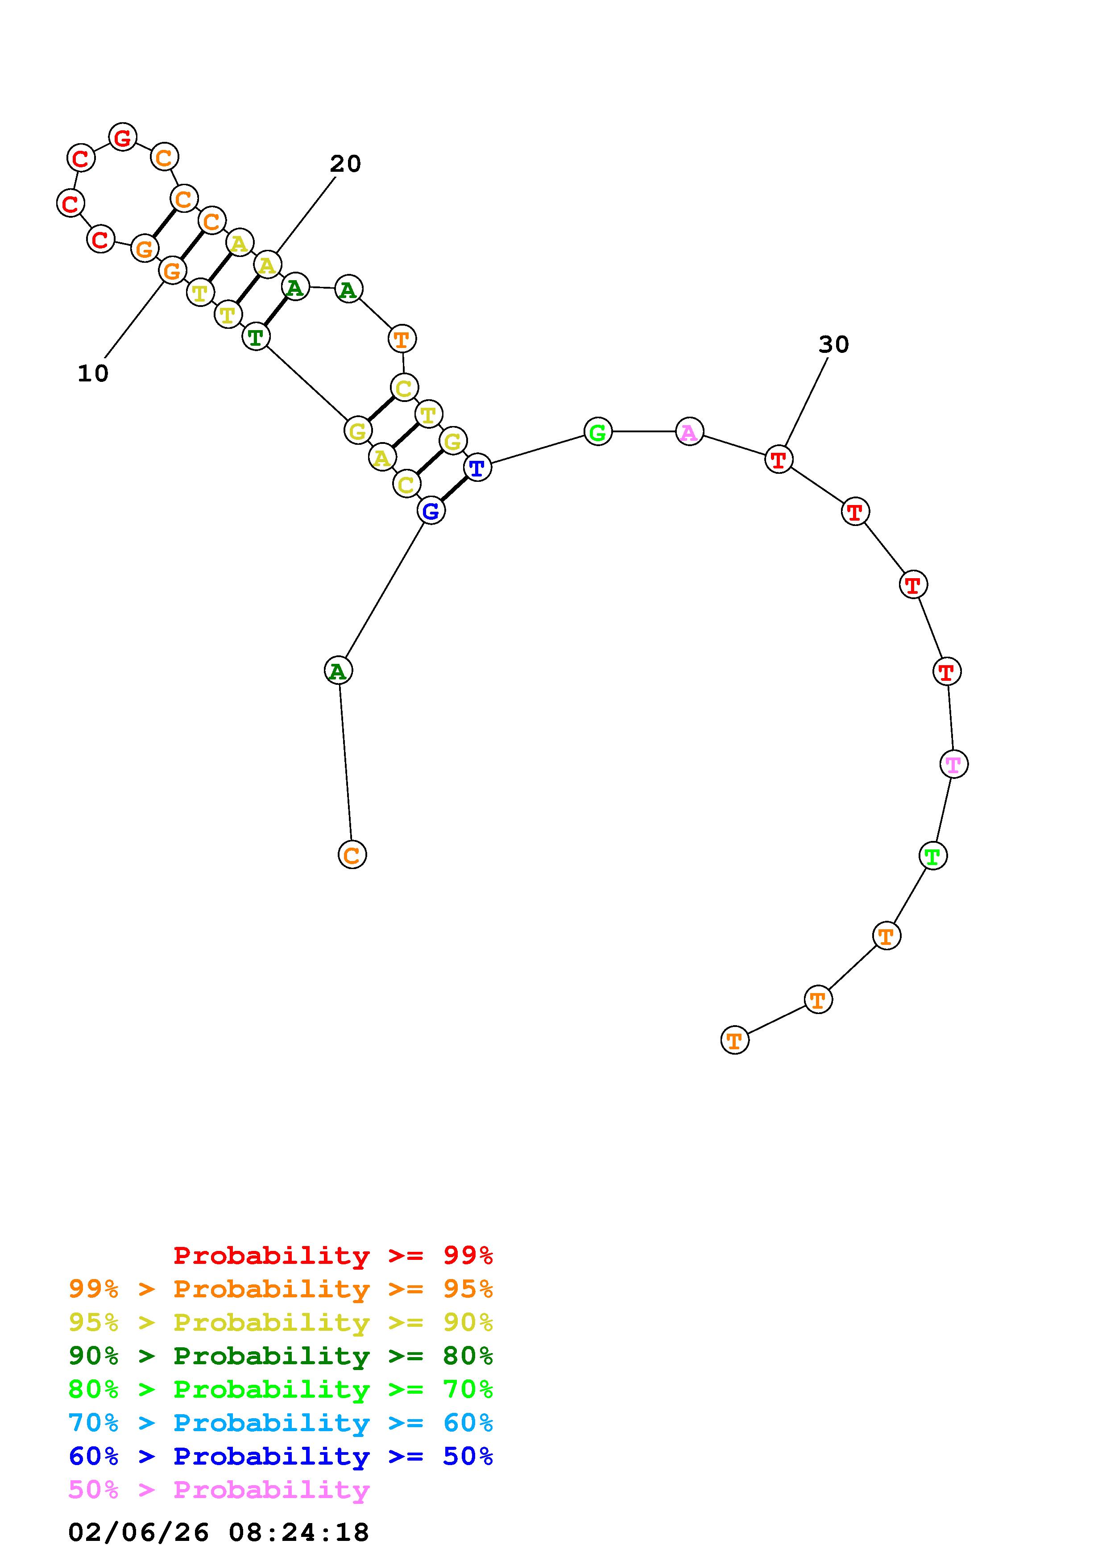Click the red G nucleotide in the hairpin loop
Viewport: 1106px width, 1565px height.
pos(123,137)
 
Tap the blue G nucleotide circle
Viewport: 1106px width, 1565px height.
pos(431,510)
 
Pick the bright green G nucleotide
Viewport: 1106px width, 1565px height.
pos(598,431)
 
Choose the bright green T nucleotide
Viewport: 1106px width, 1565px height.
pos(933,855)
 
